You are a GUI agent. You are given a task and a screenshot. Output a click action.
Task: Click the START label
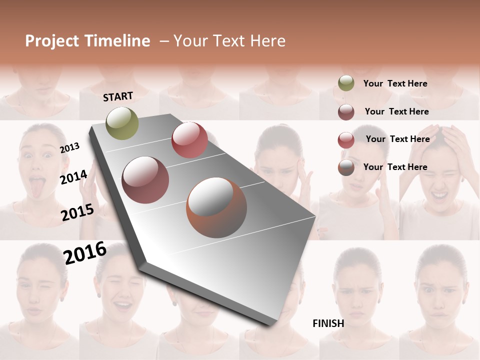click(118, 96)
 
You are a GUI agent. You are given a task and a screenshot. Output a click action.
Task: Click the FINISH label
click(328, 323)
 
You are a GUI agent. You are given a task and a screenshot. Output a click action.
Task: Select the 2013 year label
click(70, 147)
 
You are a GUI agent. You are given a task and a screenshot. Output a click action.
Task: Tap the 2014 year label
click(73, 177)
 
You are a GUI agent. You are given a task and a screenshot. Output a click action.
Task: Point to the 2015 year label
click(77, 212)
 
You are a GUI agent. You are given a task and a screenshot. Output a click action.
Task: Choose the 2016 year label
click(85, 252)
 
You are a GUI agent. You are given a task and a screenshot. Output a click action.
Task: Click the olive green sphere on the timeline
click(122, 123)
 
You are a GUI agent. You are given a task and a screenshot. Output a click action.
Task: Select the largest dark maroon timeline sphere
click(145, 180)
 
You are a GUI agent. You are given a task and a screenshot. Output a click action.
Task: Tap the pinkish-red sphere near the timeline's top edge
click(189, 140)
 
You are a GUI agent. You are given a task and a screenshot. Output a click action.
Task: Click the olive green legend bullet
click(346, 83)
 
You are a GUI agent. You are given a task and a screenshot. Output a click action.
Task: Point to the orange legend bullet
click(346, 167)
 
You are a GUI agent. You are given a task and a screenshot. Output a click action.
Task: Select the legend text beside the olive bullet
click(395, 83)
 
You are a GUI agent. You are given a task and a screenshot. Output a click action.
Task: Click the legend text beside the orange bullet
click(395, 167)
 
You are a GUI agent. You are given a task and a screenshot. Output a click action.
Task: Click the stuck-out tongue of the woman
click(38, 183)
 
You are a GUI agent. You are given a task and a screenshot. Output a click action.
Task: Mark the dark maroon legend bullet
click(346, 112)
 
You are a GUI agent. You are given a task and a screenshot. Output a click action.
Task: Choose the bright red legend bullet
click(346, 140)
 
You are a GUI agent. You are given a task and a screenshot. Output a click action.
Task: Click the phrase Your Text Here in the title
click(229, 41)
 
